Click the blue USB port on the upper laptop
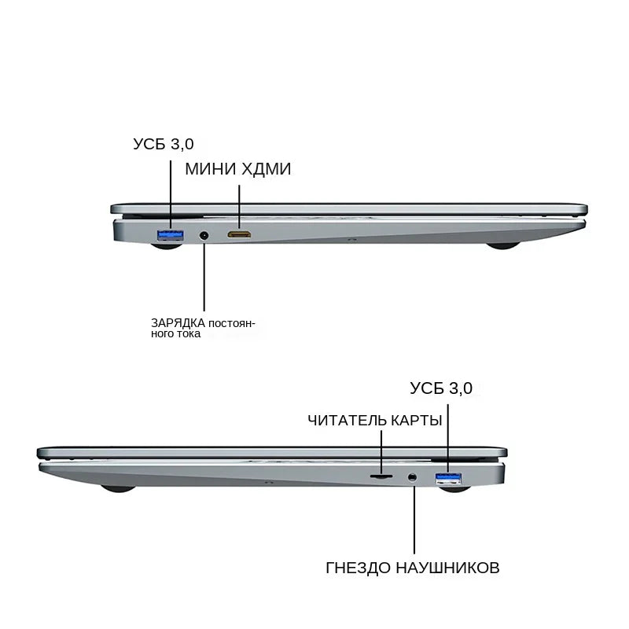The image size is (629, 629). point(171,235)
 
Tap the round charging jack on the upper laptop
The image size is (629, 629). point(204,235)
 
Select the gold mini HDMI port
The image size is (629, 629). point(239,234)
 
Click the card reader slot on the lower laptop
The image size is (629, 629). point(381,476)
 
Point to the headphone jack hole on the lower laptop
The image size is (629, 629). point(412,477)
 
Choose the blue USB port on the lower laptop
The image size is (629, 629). point(448,478)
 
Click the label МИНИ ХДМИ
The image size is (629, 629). point(238,169)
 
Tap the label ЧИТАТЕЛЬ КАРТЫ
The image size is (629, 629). point(375,421)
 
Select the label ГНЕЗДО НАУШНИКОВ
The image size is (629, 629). point(412,568)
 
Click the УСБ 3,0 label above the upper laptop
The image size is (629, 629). point(164,144)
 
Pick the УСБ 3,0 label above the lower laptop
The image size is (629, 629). point(441,388)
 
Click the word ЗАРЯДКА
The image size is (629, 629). point(178,323)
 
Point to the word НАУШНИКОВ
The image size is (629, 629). point(447,568)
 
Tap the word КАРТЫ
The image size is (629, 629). point(416,421)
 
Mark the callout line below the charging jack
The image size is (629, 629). point(204,277)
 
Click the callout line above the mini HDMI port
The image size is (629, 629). point(240,208)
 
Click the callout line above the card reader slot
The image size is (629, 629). point(381,452)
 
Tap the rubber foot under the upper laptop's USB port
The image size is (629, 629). point(167,245)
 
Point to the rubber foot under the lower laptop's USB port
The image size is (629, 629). point(454,488)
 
